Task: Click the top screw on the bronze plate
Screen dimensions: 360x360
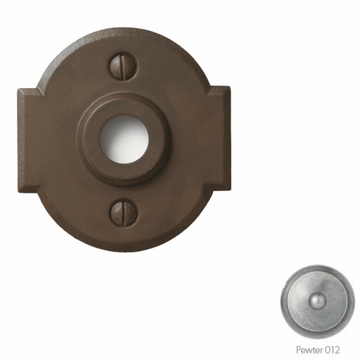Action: pyautogui.click(x=123, y=68)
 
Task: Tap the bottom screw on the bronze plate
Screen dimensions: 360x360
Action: pyautogui.click(x=123, y=212)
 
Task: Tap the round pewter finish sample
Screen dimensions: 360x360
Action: pyautogui.click(x=318, y=301)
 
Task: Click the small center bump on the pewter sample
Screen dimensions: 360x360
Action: pyautogui.click(x=317, y=301)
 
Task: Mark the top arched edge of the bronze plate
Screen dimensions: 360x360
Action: pyautogui.click(x=123, y=30)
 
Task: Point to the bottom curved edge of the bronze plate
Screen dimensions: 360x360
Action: pyautogui.click(x=123, y=248)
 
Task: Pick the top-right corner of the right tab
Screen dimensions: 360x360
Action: pyautogui.click(x=229, y=87)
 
